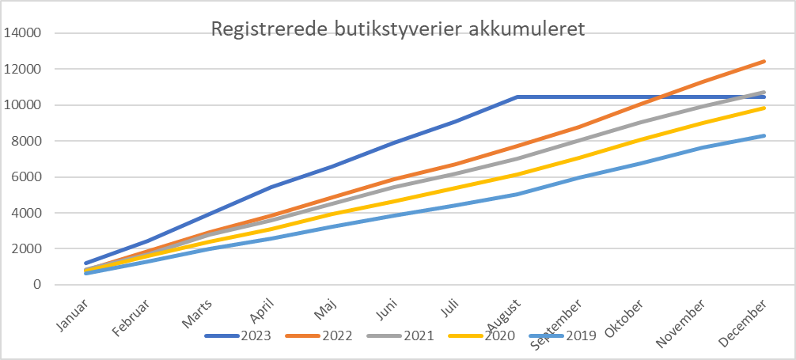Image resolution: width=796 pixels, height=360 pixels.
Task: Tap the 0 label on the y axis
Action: (x=36, y=284)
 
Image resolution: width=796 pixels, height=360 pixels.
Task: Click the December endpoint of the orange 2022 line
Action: (x=764, y=61)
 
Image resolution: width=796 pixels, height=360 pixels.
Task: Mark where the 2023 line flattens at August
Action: (x=517, y=97)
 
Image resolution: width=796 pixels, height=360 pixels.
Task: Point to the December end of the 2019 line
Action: (x=764, y=136)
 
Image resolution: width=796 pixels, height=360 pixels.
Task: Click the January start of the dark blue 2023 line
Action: (x=85, y=263)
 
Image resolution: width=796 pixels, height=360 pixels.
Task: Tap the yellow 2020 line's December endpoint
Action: (x=764, y=108)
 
